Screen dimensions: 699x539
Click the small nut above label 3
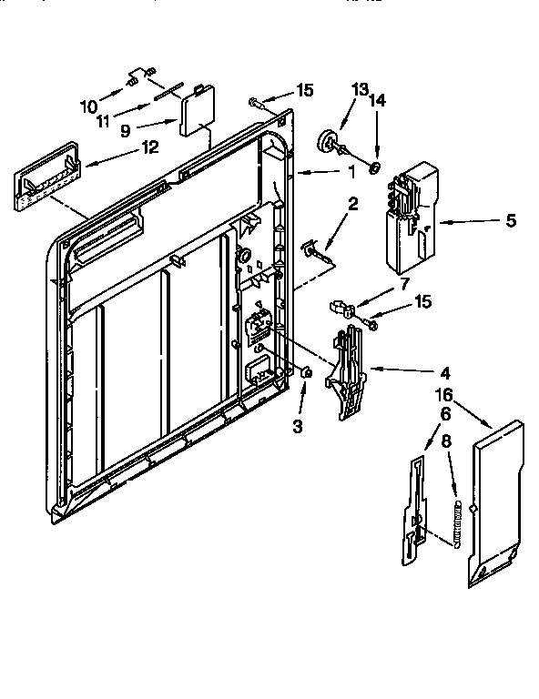pyautogui.click(x=307, y=371)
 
